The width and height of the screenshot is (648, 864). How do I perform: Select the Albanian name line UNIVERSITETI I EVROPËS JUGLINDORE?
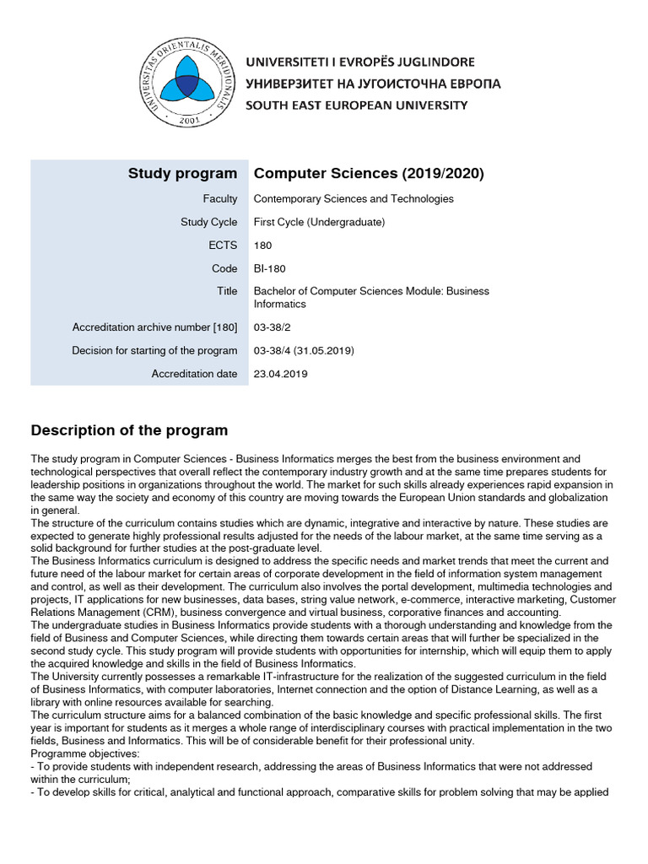click(359, 62)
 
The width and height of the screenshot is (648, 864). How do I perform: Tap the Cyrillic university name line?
click(372, 84)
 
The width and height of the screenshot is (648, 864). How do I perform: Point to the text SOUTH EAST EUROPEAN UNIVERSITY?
click(356, 105)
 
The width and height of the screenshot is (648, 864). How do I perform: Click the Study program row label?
click(182, 174)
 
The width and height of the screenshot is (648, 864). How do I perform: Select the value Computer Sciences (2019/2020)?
click(369, 174)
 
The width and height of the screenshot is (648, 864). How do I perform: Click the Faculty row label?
click(219, 199)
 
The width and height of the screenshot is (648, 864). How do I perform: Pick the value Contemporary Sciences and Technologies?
click(354, 199)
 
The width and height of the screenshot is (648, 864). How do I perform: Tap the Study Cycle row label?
click(208, 223)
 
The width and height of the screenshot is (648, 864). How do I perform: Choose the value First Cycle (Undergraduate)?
click(319, 223)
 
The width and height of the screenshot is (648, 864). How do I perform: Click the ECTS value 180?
click(263, 246)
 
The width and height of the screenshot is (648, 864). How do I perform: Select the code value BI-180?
click(270, 268)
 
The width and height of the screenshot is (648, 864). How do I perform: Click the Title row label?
click(227, 291)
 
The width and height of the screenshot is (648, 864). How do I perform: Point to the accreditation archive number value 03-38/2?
click(271, 327)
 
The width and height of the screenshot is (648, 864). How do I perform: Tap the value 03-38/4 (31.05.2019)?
click(304, 350)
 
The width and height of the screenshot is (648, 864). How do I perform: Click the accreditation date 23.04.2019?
click(281, 374)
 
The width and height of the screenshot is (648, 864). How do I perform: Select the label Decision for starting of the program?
click(154, 350)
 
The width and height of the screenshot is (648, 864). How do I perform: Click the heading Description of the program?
click(129, 430)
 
